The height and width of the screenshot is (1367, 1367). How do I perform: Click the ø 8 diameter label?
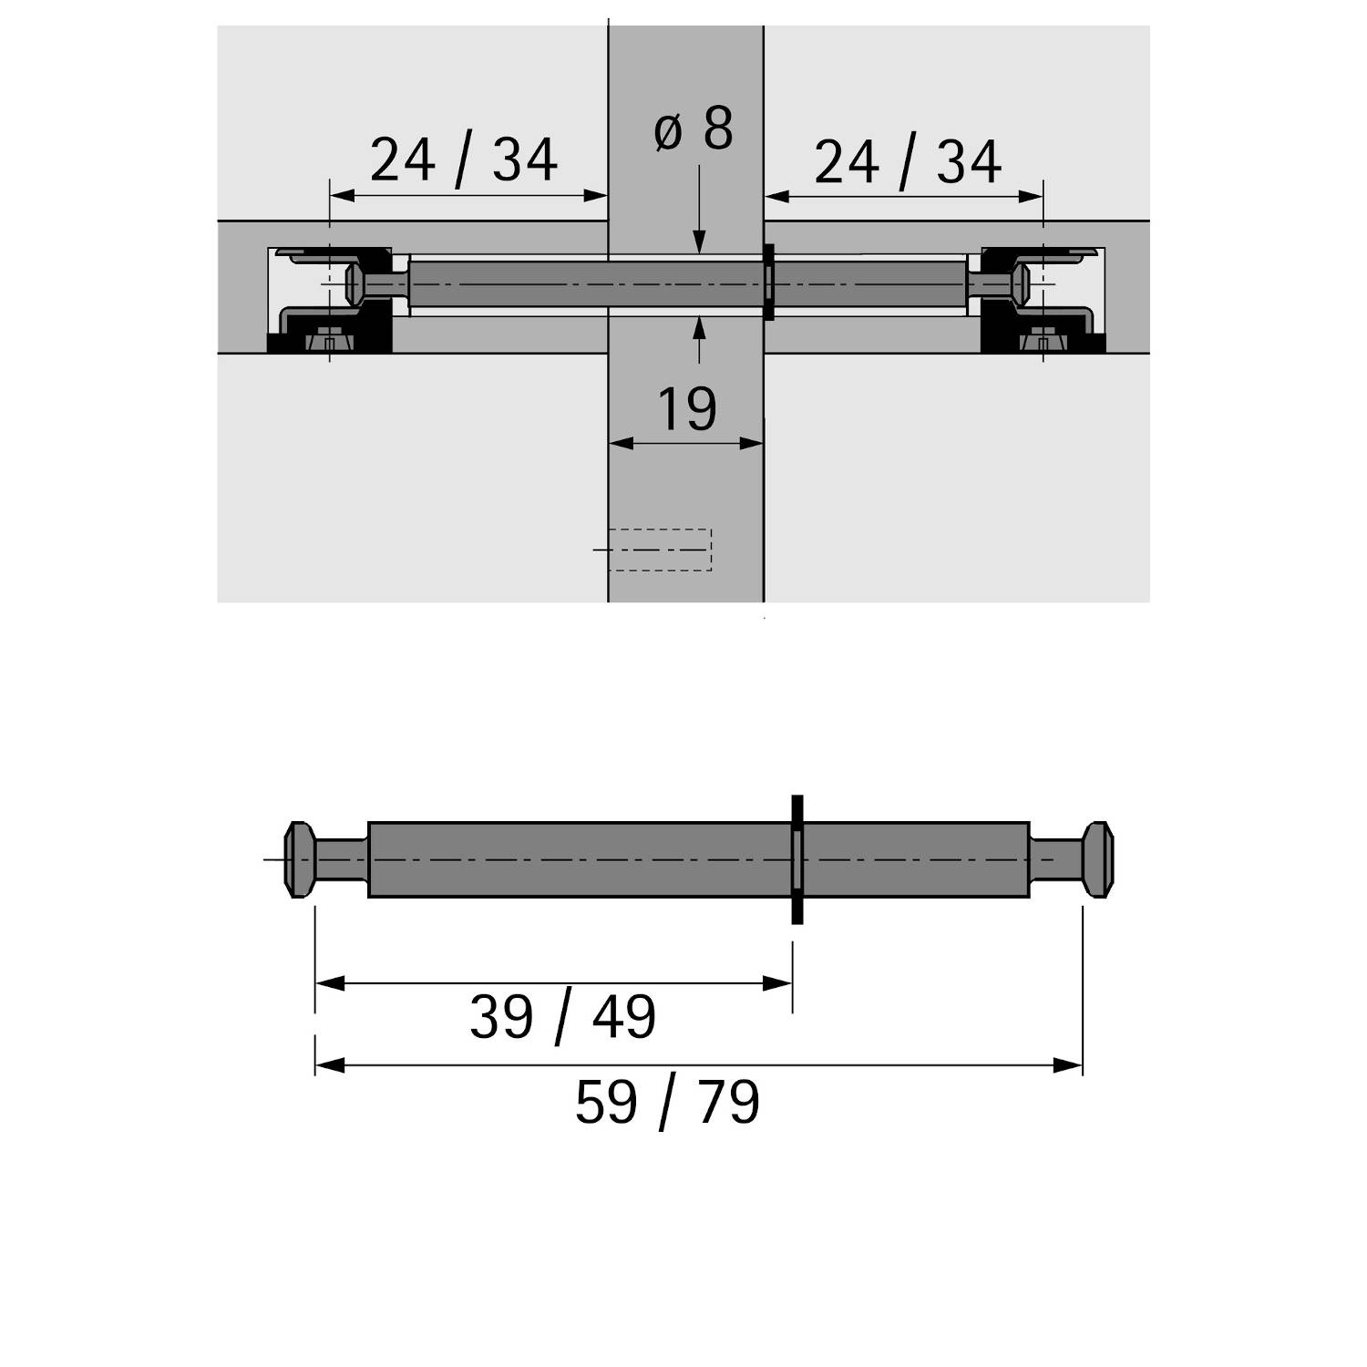click(694, 129)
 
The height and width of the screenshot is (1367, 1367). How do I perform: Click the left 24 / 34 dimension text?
click(463, 160)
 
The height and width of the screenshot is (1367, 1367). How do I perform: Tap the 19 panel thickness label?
click(686, 409)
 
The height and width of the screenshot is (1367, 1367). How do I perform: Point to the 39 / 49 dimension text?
click(562, 1017)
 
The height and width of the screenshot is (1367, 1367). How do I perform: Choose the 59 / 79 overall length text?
click(667, 1102)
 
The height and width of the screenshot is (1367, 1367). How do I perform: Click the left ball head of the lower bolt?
click(299, 859)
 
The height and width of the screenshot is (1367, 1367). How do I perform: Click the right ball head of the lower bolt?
click(1097, 859)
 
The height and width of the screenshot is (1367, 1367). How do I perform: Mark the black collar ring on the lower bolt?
click(797, 859)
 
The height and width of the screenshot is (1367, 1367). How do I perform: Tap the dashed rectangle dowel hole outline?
click(659, 550)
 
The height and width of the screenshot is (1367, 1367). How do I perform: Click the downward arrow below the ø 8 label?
click(699, 242)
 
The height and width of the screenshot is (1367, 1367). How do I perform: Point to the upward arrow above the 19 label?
click(699, 325)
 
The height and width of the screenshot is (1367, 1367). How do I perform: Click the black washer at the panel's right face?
click(769, 283)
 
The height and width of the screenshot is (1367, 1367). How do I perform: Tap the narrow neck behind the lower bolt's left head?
click(342, 859)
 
